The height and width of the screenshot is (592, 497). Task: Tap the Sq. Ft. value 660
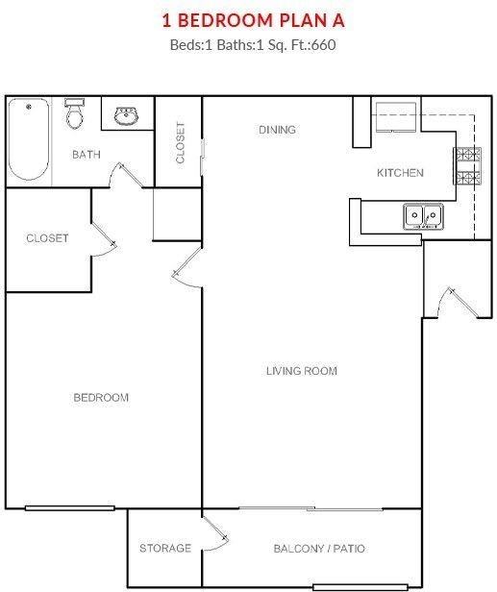tap(324, 43)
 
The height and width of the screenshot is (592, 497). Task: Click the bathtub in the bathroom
tap(28, 140)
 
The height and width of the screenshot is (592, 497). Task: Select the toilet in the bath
tap(75, 114)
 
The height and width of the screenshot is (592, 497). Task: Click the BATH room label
tap(86, 154)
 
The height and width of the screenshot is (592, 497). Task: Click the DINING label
tap(277, 130)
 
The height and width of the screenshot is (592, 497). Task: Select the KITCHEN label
tap(399, 173)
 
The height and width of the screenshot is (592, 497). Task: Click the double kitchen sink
tap(423, 216)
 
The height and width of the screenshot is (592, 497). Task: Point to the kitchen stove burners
tap(466, 165)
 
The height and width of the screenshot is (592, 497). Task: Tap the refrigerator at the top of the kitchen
tap(394, 116)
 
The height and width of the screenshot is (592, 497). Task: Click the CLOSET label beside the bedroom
tap(47, 237)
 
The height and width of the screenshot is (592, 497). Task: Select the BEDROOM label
tap(101, 397)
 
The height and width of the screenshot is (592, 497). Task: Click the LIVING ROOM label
tap(301, 371)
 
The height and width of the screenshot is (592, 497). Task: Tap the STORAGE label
tap(164, 549)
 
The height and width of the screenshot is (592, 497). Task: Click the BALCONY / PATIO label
tap(319, 549)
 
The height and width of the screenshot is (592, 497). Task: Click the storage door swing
tap(215, 532)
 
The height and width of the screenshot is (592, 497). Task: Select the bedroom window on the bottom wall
tap(69, 507)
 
